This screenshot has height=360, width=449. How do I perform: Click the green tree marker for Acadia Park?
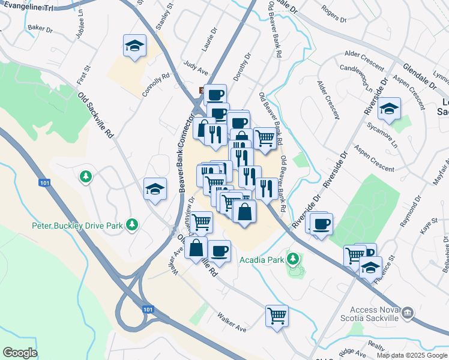292,259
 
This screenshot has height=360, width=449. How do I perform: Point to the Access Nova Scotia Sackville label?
373,314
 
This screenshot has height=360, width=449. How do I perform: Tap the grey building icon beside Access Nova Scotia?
408,313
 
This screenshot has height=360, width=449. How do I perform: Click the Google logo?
20,353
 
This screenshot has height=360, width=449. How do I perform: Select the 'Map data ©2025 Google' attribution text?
412,355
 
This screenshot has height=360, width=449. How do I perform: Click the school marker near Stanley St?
135,46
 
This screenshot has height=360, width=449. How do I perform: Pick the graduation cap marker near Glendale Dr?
389,109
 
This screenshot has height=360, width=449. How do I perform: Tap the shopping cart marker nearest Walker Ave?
277,315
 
